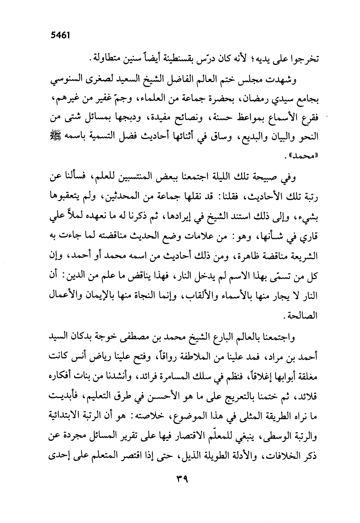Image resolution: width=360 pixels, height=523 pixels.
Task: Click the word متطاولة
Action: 107,59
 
